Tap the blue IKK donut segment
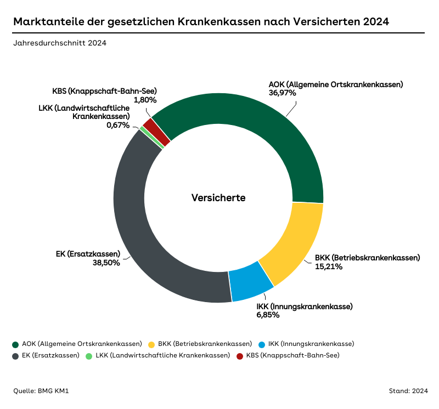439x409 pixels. click(x=251, y=281)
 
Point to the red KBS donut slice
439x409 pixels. click(x=156, y=132)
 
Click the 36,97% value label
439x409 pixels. click(x=282, y=93)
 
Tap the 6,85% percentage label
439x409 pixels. click(x=268, y=315)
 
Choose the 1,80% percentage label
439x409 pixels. click(x=145, y=100)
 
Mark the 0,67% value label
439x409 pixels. click(x=118, y=125)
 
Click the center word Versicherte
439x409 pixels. click(x=218, y=198)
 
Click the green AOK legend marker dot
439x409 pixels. click(x=15, y=344)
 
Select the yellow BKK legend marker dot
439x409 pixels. click(x=151, y=344)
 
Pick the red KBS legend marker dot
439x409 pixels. click(x=240, y=356)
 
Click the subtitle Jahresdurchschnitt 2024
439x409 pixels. click(x=60, y=43)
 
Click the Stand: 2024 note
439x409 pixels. click(x=408, y=391)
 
